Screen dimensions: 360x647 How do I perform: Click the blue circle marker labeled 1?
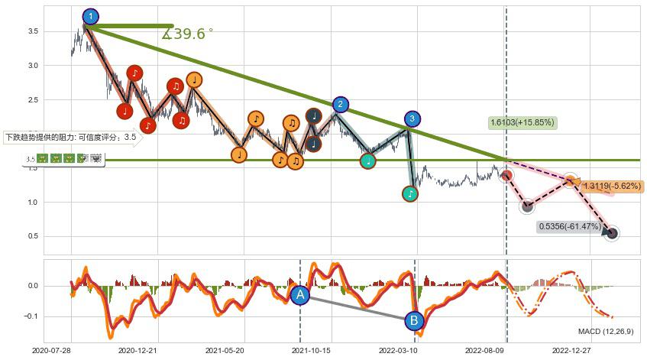coord(90,16)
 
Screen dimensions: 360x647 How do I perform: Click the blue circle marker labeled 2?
coord(341,105)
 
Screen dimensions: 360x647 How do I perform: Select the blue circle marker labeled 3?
coord(412,118)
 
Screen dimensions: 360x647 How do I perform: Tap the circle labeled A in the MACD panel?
coord(300,295)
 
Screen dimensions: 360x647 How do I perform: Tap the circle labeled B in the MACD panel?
coord(414,321)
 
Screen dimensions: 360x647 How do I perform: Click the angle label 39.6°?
coord(188,34)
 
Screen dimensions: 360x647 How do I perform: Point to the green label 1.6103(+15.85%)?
coord(522,122)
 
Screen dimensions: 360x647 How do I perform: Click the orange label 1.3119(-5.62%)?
coord(613,186)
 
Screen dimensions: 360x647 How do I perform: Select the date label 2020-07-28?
coord(52,351)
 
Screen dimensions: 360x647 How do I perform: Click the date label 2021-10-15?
coord(312,351)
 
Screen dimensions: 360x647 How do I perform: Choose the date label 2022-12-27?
coord(571,351)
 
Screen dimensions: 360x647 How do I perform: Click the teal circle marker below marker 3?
coord(410,194)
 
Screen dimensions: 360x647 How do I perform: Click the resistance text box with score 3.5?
coord(70,138)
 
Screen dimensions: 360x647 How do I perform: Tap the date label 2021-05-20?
coord(225,351)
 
